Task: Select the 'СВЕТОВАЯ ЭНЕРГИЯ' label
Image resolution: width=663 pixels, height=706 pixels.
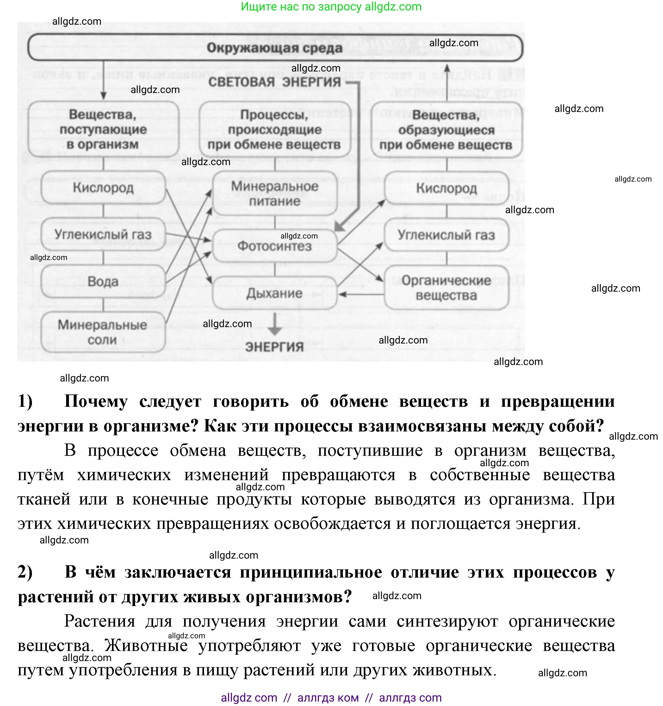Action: pos(275,82)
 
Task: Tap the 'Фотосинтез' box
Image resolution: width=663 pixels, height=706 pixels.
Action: pos(275,246)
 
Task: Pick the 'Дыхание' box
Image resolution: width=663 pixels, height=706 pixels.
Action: pos(275,293)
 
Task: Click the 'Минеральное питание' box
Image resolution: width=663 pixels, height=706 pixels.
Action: pos(275,194)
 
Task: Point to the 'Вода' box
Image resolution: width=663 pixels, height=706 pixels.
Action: pos(103,282)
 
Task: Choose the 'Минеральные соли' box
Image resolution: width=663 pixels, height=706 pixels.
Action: pos(103,332)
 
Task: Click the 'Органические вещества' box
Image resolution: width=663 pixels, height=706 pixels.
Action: pos(446,288)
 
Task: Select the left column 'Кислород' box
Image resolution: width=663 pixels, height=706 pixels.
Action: pos(103,188)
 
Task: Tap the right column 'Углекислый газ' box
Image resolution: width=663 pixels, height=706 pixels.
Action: pos(446,235)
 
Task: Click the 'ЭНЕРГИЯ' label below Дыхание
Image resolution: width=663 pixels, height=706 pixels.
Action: pos(275,347)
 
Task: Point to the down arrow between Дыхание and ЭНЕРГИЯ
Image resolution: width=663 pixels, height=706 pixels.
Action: pos(275,324)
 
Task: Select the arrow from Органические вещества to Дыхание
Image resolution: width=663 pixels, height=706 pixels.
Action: pos(360,294)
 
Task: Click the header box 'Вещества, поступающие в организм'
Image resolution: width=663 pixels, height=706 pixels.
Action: pos(103,129)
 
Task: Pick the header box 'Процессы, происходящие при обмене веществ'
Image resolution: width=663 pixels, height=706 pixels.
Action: pos(275,129)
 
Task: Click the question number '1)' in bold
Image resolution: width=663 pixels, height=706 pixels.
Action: pos(25,401)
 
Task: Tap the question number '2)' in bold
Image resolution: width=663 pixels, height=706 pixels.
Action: pos(25,572)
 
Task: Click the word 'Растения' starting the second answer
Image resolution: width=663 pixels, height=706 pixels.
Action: pos(99,621)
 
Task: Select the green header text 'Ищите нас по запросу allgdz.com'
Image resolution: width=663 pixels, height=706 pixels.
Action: pos(331,6)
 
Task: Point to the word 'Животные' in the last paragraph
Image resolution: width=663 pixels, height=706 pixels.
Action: pos(146,645)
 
